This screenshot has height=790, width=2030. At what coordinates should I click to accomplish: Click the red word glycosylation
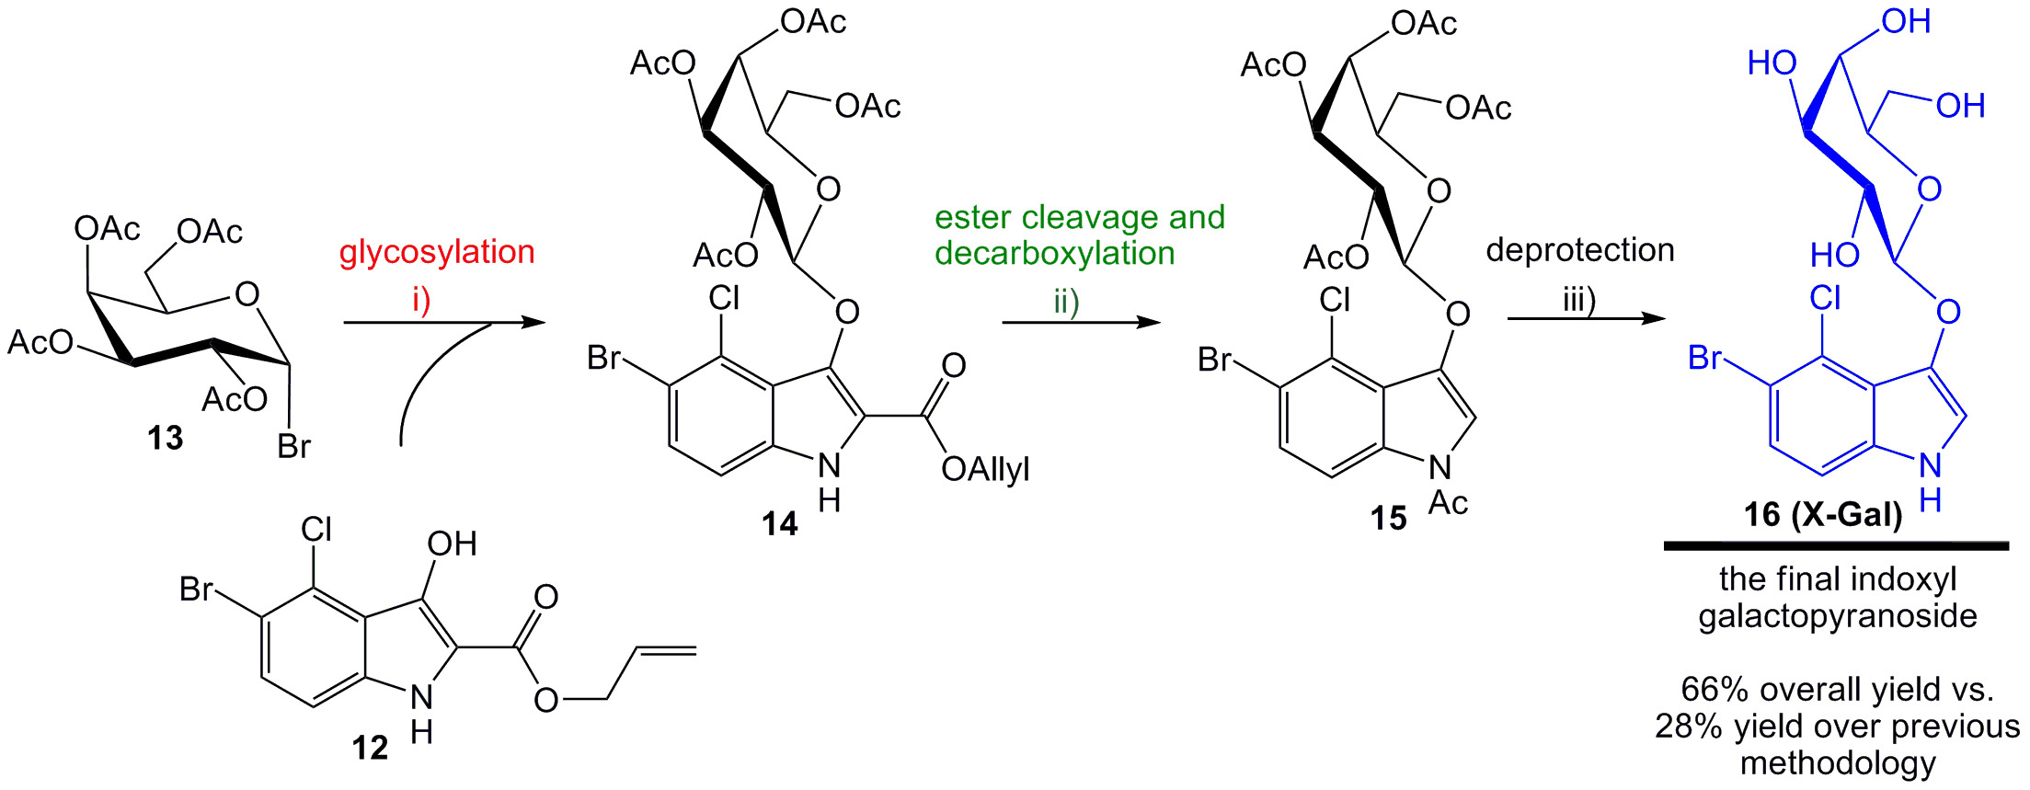(437, 252)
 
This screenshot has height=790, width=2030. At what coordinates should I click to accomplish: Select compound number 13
(166, 438)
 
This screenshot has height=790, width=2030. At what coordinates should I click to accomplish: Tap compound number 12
(370, 748)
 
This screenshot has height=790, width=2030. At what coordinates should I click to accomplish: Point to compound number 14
(779, 523)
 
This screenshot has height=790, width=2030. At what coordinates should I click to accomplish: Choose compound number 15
(1388, 519)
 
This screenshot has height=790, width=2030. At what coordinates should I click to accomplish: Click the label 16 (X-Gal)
(1823, 514)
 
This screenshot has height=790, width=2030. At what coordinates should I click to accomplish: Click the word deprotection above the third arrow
(1580, 250)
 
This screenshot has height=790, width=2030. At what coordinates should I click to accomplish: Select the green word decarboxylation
(1055, 254)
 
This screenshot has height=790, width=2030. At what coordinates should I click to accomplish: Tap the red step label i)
(421, 300)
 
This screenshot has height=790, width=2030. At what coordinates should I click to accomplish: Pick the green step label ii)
(1066, 302)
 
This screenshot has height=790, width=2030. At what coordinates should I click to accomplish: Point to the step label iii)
(1579, 300)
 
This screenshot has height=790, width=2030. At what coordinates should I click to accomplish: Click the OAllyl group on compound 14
(985, 470)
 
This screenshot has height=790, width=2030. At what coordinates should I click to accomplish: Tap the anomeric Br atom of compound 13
(294, 447)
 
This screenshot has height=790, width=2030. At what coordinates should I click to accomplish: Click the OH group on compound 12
(452, 544)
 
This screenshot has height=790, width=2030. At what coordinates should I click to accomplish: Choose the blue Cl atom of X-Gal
(1825, 298)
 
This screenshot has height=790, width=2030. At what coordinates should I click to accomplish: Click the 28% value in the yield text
(1689, 727)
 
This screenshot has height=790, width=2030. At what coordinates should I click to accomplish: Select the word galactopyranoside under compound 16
(1837, 616)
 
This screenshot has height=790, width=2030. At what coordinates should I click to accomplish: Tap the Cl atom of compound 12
(316, 529)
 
